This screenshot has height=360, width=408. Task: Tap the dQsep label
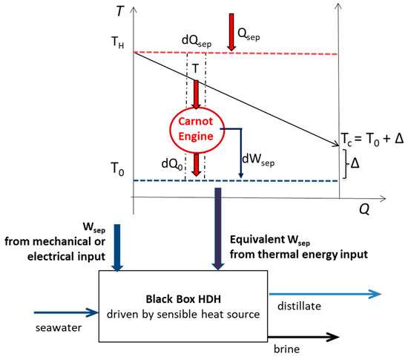coord(195,42)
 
